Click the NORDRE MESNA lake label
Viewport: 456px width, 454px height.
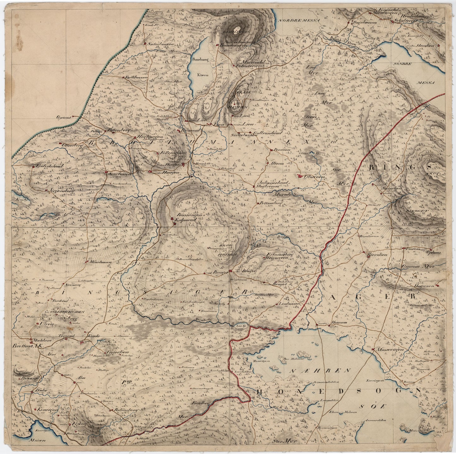[x=299, y=20]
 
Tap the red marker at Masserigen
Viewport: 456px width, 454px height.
[x=373, y=350]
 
